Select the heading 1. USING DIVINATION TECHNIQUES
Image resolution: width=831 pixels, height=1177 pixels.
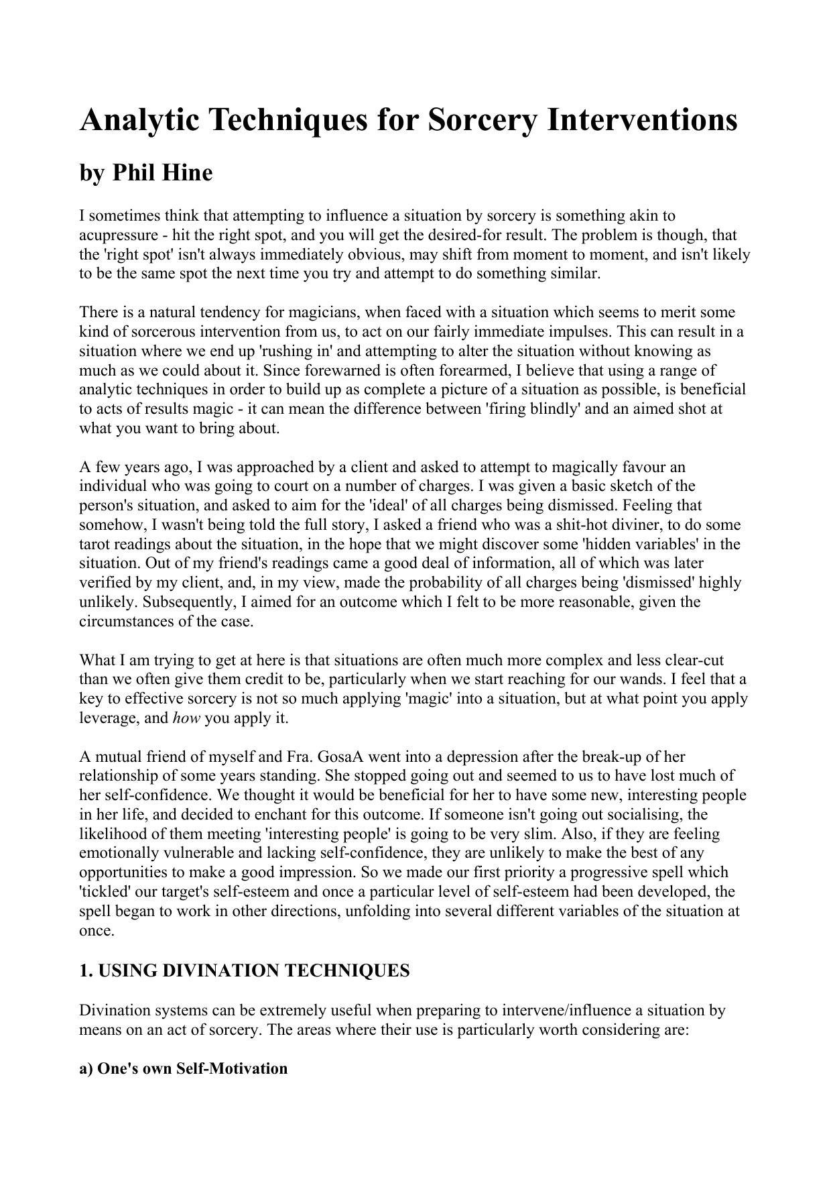[244, 971]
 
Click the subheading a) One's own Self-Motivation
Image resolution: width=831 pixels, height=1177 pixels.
[183, 1068]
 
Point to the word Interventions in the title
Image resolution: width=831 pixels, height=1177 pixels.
[642, 120]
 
